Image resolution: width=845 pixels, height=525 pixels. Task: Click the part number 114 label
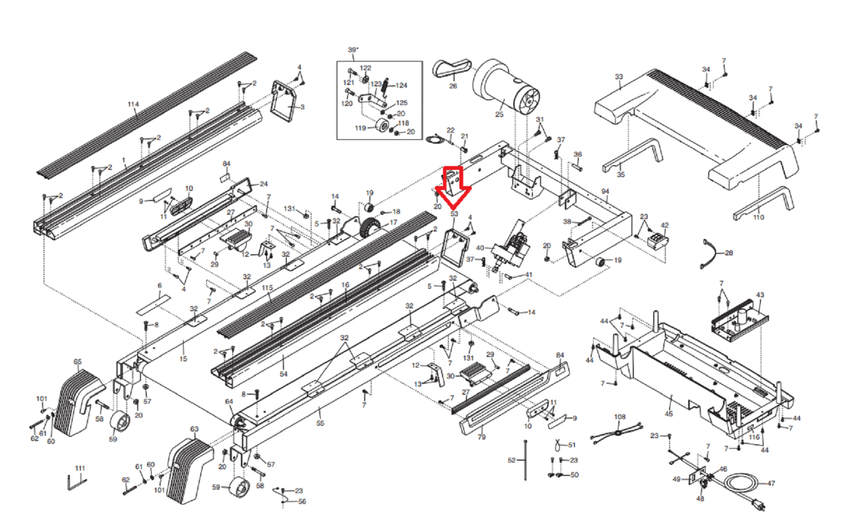133,104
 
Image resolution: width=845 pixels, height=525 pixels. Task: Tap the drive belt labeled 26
452,69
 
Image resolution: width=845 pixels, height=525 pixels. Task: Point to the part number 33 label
619,77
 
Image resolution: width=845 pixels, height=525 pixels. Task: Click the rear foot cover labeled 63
187,466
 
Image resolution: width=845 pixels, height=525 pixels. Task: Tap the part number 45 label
669,414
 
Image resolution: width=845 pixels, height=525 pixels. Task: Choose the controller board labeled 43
739,320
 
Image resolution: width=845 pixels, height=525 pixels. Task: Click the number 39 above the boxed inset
352,50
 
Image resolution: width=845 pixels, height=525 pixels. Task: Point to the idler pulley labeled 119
381,127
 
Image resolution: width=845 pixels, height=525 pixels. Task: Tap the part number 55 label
320,423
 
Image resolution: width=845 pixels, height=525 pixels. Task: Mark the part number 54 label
284,374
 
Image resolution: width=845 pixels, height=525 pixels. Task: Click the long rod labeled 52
525,460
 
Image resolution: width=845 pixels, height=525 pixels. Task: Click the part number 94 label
605,192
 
